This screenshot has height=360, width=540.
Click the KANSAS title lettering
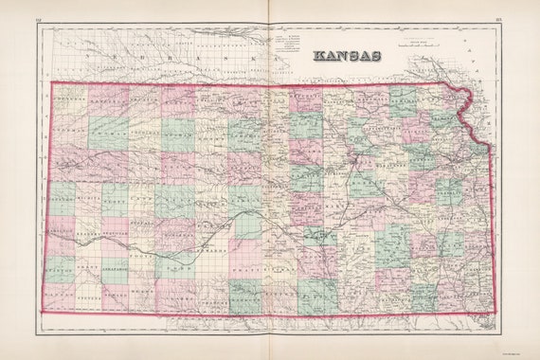tap(347, 56)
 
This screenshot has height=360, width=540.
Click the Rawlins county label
tap(107, 99)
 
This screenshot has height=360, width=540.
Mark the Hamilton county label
tap(62, 236)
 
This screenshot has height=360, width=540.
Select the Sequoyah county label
tap(115, 236)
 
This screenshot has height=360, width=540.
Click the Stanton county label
tap(62, 269)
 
